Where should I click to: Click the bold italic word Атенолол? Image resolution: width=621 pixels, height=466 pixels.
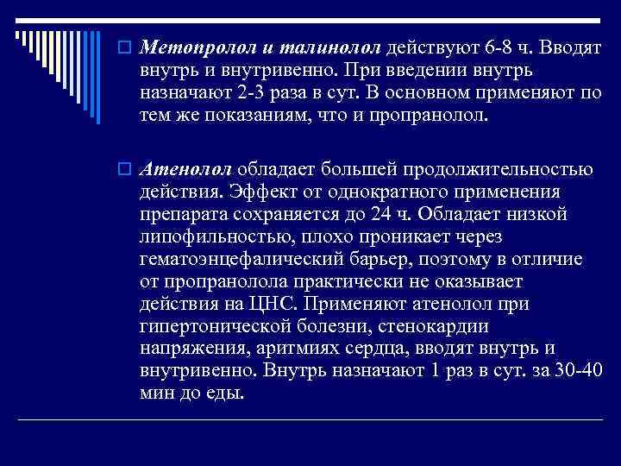click(x=185, y=166)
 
